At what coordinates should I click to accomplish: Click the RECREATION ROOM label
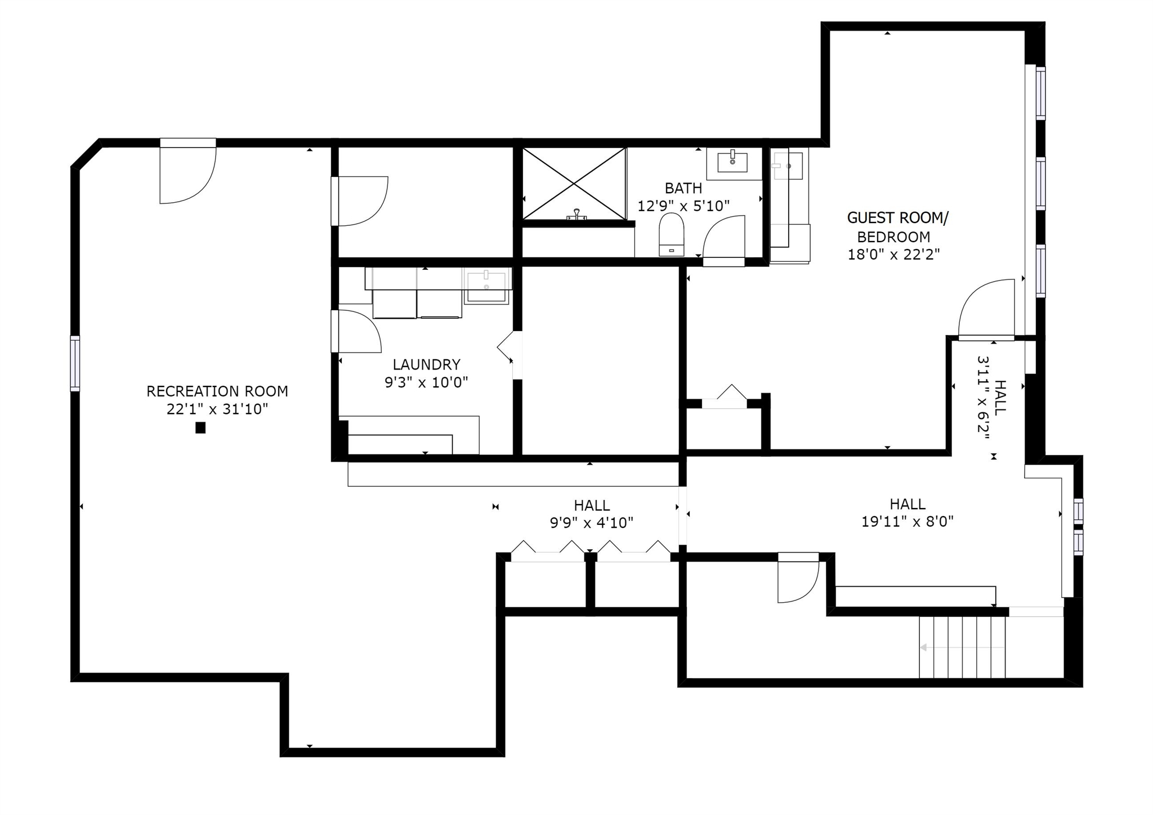217,391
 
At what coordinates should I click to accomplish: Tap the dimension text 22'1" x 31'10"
217,409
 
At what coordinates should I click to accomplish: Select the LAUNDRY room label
426,364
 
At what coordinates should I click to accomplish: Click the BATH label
683,188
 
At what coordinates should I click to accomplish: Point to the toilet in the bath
672,234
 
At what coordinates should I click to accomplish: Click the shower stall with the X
574,184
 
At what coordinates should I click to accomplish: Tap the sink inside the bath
733,162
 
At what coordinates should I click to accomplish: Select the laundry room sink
486,286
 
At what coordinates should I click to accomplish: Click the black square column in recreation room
200,428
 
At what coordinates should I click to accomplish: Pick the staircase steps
962,647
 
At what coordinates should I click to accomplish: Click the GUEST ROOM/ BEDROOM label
897,227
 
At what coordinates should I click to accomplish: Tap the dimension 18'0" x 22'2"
894,255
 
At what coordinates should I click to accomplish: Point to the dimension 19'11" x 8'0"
908,522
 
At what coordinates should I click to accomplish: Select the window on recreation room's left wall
75,363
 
